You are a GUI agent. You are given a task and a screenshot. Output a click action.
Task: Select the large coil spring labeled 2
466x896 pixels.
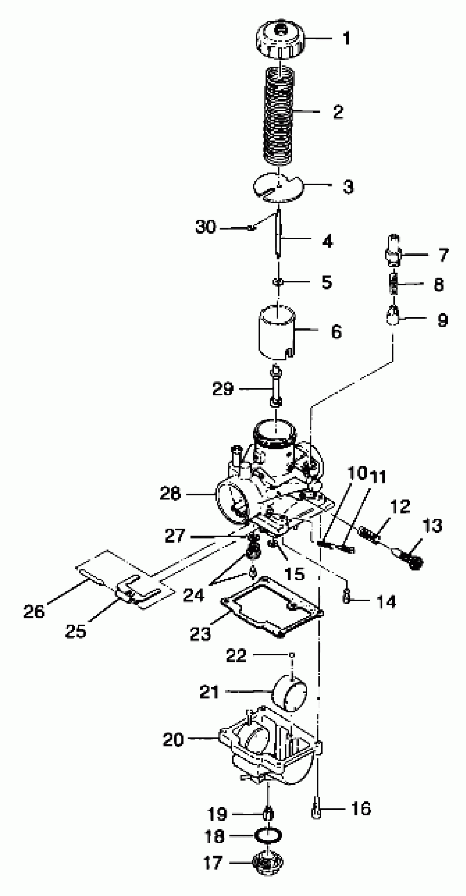click(x=280, y=115)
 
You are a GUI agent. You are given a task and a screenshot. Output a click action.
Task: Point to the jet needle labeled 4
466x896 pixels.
click(x=278, y=235)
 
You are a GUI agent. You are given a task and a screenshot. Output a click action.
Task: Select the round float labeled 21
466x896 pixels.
click(x=289, y=692)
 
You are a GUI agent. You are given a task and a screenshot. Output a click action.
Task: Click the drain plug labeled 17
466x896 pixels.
click(x=268, y=862)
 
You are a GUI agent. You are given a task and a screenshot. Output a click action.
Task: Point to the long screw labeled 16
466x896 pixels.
click(x=316, y=810)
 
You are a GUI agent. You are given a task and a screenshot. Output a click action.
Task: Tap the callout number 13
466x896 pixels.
click(x=432, y=526)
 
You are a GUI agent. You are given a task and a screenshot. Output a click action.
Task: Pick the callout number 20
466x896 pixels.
click(x=173, y=739)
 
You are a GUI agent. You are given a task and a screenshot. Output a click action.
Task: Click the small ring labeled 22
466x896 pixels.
click(x=292, y=655)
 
